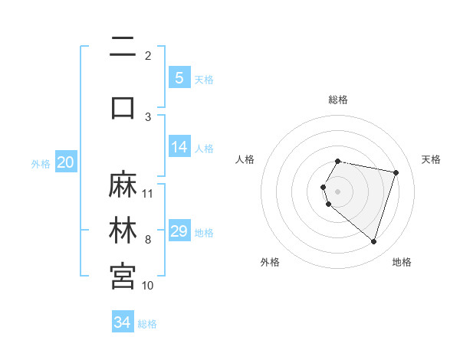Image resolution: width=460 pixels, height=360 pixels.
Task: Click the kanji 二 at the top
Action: (123, 47)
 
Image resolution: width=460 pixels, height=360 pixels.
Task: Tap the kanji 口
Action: (123, 106)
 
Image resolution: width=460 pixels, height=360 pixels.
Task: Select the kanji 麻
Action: (123, 185)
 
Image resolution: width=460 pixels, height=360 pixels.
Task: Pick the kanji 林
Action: (123, 231)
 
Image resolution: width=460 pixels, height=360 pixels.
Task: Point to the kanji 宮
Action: (123, 276)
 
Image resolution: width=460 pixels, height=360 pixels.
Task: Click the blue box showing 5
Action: (179, 78)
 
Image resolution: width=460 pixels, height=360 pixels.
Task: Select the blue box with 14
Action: (179, 147)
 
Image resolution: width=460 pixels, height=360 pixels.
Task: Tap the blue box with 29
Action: (179, 231)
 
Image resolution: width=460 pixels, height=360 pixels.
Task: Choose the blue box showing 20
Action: (66, 162)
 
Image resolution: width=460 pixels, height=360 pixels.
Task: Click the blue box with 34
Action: (122, 322)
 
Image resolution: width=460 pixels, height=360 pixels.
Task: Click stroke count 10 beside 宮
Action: (148, 286)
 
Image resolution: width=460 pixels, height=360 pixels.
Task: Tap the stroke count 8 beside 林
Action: (148, 240)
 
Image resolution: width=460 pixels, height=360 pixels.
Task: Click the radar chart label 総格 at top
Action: (338, 100)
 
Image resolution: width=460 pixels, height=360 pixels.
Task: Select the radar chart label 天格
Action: (432, 159)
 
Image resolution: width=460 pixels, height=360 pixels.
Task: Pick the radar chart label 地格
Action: (402, 262)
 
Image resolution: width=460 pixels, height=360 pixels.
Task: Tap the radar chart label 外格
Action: (270, 262)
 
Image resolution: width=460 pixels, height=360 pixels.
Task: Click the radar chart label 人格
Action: (245, 159)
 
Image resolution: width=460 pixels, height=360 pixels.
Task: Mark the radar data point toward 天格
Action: (396, 172)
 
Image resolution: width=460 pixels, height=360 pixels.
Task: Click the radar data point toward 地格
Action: (373, 241)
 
